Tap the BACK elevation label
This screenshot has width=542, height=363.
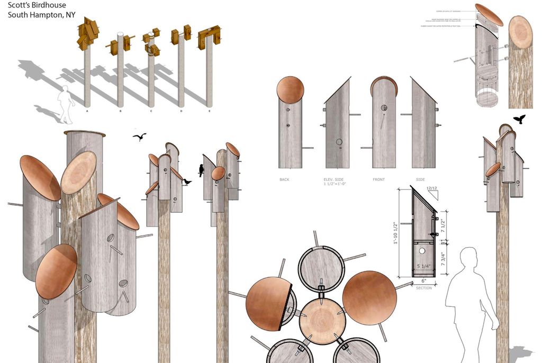pos(284,179)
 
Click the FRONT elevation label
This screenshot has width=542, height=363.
pos(378,179)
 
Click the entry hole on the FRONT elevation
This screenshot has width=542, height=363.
pos(383,108)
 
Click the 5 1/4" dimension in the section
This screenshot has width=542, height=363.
pos(424,266)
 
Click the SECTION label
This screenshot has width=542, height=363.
pos(423,288)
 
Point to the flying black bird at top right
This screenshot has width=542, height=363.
pos(520,119)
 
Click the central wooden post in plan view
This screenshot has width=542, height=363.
pos(321,318)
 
